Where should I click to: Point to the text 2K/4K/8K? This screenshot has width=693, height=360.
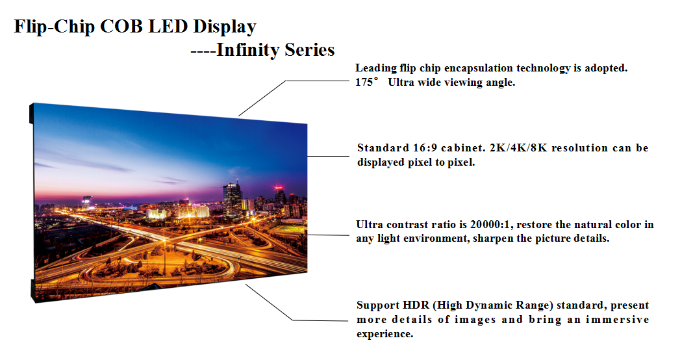coord(518,148)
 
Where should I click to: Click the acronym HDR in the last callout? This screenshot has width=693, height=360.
coord(416,305)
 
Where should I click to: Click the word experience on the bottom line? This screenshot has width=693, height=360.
coord(385,334)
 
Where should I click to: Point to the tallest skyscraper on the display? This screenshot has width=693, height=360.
coord(233,198)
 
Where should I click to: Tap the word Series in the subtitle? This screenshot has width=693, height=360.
coord(309,50)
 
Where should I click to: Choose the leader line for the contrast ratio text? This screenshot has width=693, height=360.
coord(328,235)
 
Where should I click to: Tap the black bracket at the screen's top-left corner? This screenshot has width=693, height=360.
coord(32,114)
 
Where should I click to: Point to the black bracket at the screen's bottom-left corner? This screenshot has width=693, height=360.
coord(32,291)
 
